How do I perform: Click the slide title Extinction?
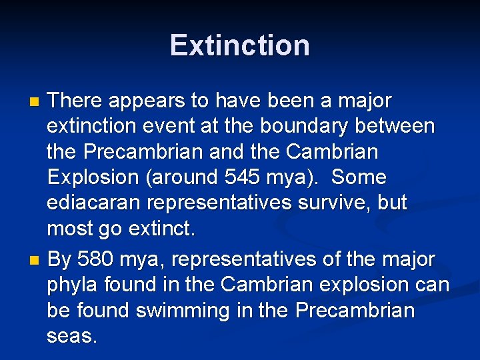(x=239, y=45)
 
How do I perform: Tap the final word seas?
(x=71, y=336)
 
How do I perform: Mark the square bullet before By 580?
(x=36, y=259)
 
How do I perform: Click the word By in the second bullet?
(x=59, y=259)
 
